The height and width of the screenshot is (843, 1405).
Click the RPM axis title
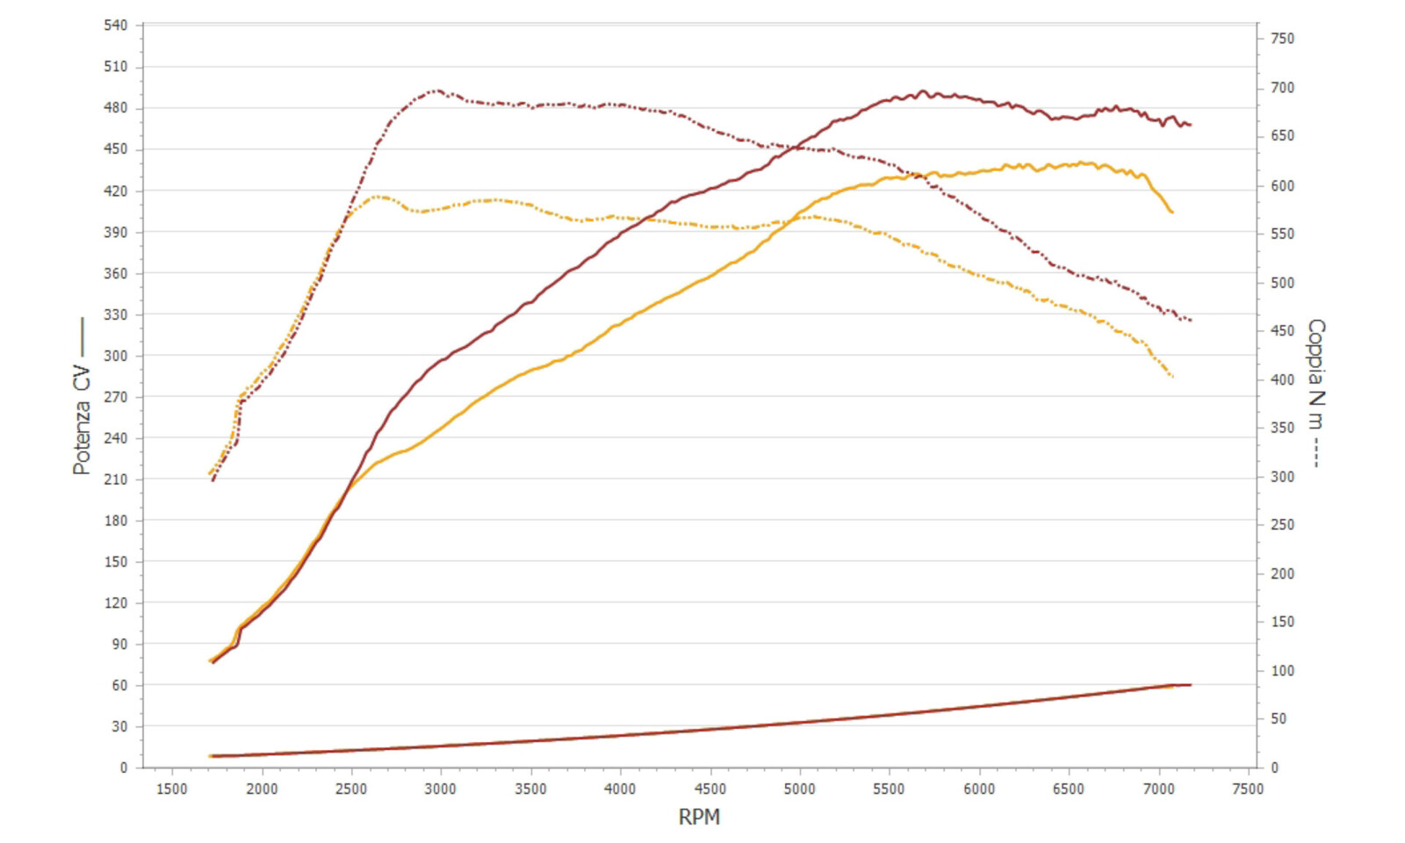coord(699,817)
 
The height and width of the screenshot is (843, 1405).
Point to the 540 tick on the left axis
coord(115,25)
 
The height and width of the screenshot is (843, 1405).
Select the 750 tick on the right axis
coord(1282,39)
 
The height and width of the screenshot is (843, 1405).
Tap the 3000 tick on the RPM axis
coord(440,789)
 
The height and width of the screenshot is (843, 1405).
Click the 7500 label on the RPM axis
coord(1247,789)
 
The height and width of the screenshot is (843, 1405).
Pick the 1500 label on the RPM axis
coord(171,789)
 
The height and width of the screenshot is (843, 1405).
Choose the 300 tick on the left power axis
coord(115,356)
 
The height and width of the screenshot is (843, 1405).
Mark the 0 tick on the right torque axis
coord(1275,767)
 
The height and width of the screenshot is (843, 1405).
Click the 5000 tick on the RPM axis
coord(799,789)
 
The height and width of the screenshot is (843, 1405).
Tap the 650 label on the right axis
coord(1282,136)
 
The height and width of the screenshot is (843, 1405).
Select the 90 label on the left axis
coord(119,644)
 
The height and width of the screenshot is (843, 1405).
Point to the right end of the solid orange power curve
coord(1172,212)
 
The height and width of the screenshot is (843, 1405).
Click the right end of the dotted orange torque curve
coord(1172,377)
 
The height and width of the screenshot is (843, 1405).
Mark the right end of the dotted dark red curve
coord(1191,321)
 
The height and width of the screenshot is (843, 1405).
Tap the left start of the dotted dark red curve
coord(213,480)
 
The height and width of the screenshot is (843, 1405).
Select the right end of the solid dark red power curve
coord(1190,125)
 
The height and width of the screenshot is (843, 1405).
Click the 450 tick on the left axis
coord(115,149)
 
